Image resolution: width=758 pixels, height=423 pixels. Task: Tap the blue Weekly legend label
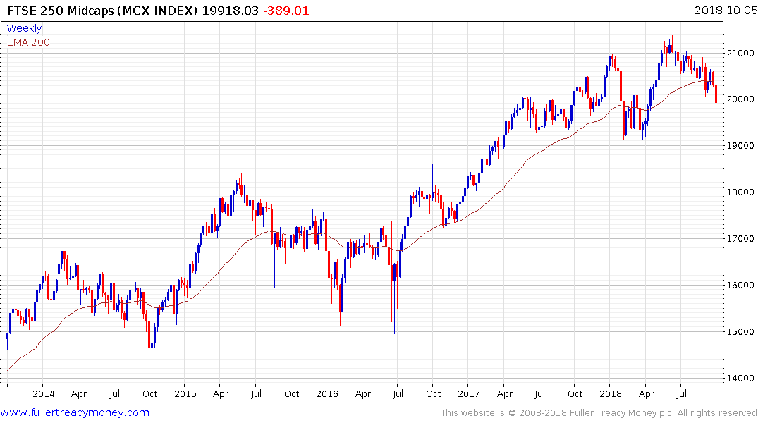(x=24, y=28)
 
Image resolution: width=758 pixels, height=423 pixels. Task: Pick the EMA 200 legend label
(x=28, y=42)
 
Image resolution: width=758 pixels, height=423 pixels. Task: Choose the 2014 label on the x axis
(x=43, y=394)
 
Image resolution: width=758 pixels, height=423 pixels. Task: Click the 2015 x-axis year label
(x=185, y=394)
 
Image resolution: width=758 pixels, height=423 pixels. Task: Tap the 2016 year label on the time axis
(x=326, y=394)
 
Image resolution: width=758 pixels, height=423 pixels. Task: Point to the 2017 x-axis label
(x=469, y=394)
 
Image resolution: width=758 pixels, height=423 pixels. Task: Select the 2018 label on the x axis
(x=611, y=394)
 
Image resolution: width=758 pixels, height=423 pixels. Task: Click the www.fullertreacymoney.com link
(x=75, y=412)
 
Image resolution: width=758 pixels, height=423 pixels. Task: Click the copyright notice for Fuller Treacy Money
(x=599, y=412)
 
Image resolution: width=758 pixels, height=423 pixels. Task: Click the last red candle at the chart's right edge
(x=716, y=94)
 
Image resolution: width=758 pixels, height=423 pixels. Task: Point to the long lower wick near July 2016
(x=393, y=317)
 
